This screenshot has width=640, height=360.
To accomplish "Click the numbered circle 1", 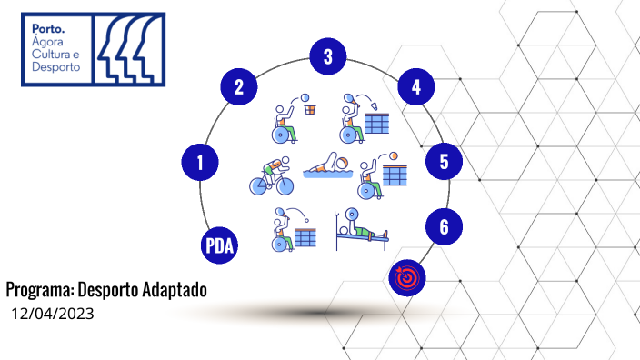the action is [x=200, y=163].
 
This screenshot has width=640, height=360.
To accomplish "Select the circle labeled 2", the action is [x=239, y=88].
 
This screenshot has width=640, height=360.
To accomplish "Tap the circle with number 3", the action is [x=327, y=57].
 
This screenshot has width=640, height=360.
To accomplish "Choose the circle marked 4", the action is [x=415, y=88].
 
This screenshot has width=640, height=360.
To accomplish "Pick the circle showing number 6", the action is [x=444, y=226].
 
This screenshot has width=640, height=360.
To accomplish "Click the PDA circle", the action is [x=219, y=245].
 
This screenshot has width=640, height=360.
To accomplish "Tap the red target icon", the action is [x=405, y=276].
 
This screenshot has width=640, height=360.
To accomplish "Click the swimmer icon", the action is [x=327, y=168].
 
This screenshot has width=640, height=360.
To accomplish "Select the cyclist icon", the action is [x=273, y=176].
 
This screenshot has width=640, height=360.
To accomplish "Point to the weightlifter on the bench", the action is [x=361, y=231].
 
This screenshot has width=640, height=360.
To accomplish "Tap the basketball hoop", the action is [x=312, y=108].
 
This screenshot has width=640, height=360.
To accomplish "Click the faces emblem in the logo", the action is [x=128, y=49].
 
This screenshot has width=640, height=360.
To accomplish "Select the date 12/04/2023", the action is [x=53, y=314].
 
